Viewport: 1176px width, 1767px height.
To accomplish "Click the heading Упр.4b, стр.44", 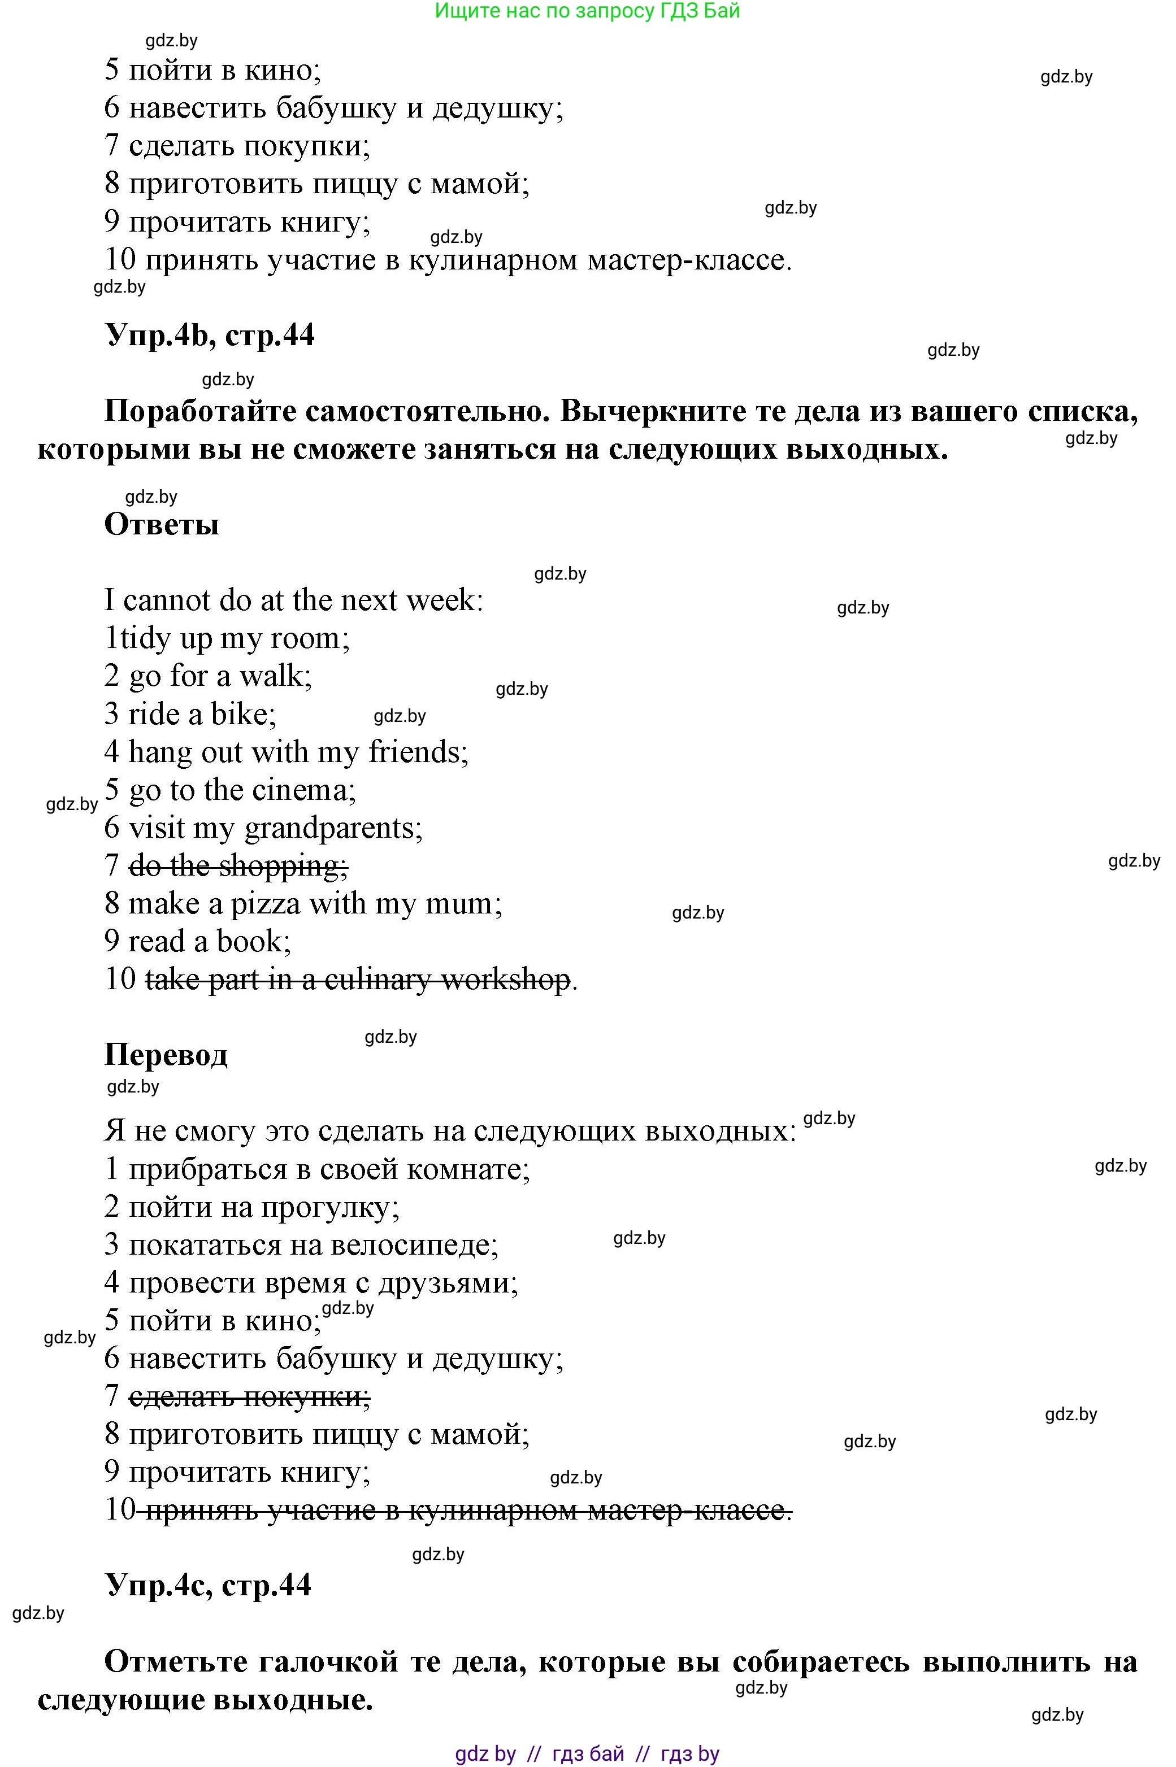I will click(209, 335).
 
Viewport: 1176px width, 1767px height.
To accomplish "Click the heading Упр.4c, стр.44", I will click(208, 1585).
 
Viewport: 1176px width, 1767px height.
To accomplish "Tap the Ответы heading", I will click(161, 524).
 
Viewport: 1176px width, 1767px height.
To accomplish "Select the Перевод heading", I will click(166, 1055).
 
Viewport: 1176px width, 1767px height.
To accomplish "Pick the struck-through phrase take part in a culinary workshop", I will click(357, 979).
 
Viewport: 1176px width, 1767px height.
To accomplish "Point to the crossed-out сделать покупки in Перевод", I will click(249, 1396).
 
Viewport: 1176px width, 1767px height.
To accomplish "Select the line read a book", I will click(197, 941).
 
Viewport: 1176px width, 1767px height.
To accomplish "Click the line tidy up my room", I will click(227, 638).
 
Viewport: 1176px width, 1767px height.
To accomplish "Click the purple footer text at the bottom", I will click(587, 1753).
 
